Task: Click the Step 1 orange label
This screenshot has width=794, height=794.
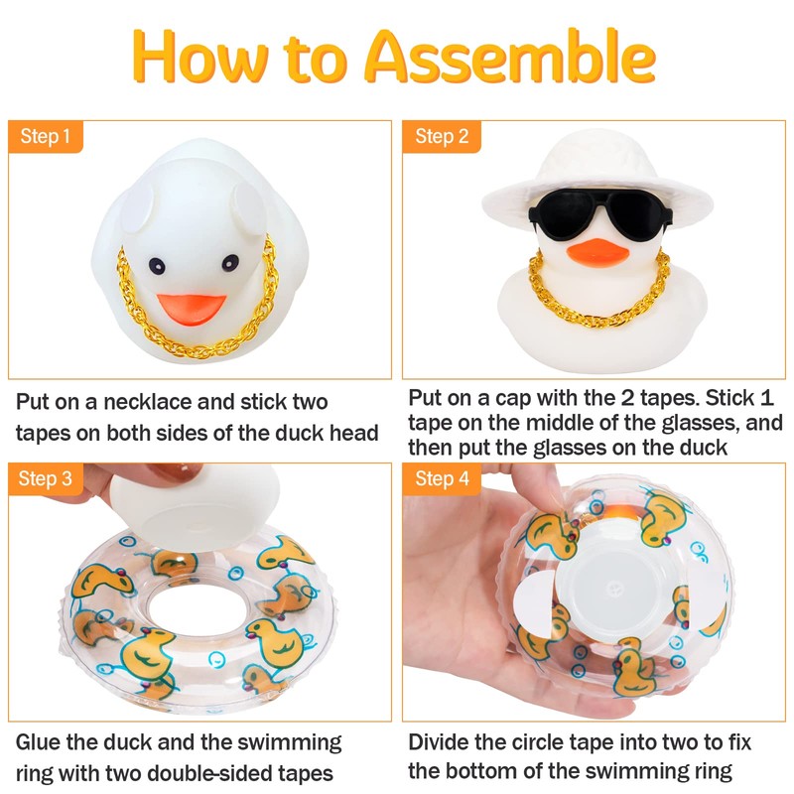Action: [x=45, y=136]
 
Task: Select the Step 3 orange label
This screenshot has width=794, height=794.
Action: [x=45, y=479]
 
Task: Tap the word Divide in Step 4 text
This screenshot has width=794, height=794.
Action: [x=441, y=742]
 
